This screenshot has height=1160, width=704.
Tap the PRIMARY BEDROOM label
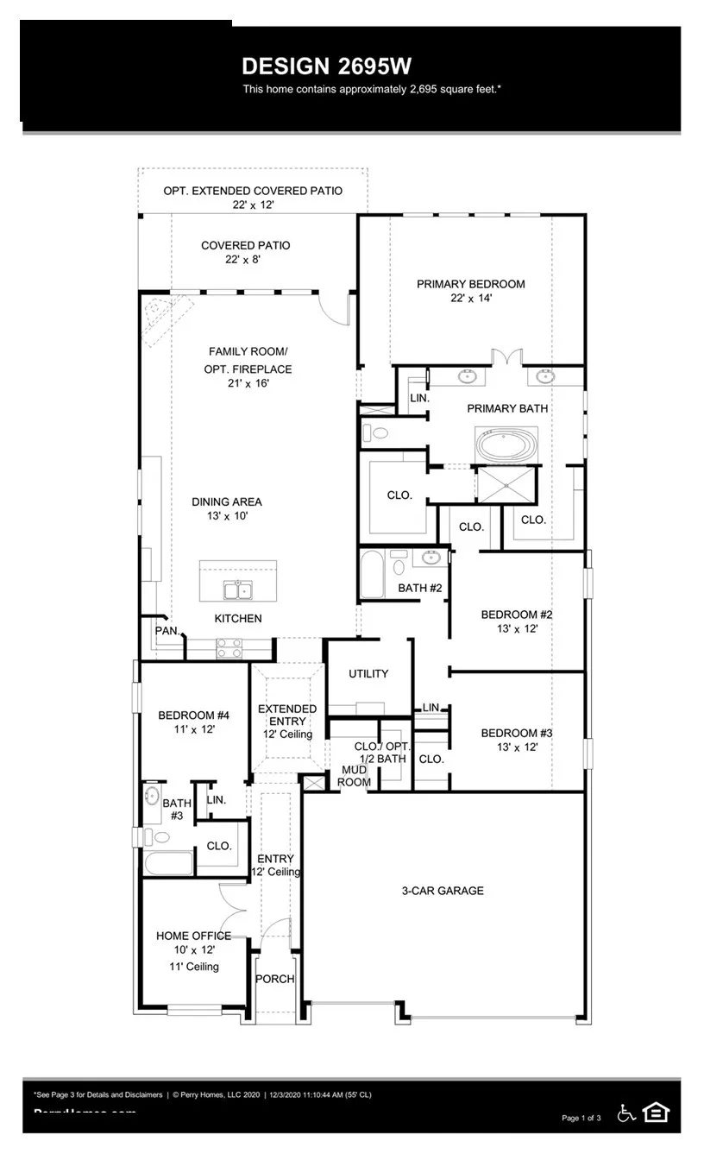tap(470, 284)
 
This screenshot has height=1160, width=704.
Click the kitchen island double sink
tap(237, 590)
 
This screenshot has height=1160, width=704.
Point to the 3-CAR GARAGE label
tap(443, 891)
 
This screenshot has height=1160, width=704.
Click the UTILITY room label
tap(368, 673)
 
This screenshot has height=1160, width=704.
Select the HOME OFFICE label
tap(193, 936)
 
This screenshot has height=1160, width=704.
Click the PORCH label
tap(274, 979)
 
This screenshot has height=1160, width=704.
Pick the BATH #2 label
tap(419, 588)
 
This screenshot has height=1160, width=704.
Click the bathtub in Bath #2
tap(372, 574)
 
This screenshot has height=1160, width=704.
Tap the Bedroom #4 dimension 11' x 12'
tap(193, 729)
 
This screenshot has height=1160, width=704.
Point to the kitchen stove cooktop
tap(229, 648)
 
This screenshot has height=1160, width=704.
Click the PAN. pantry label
tap(167, 631)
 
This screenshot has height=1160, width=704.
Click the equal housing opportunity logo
tap(656, 1113)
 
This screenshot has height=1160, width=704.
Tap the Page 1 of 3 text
tap(581, 1118)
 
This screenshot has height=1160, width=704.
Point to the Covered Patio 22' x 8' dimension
tap(246, 260)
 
